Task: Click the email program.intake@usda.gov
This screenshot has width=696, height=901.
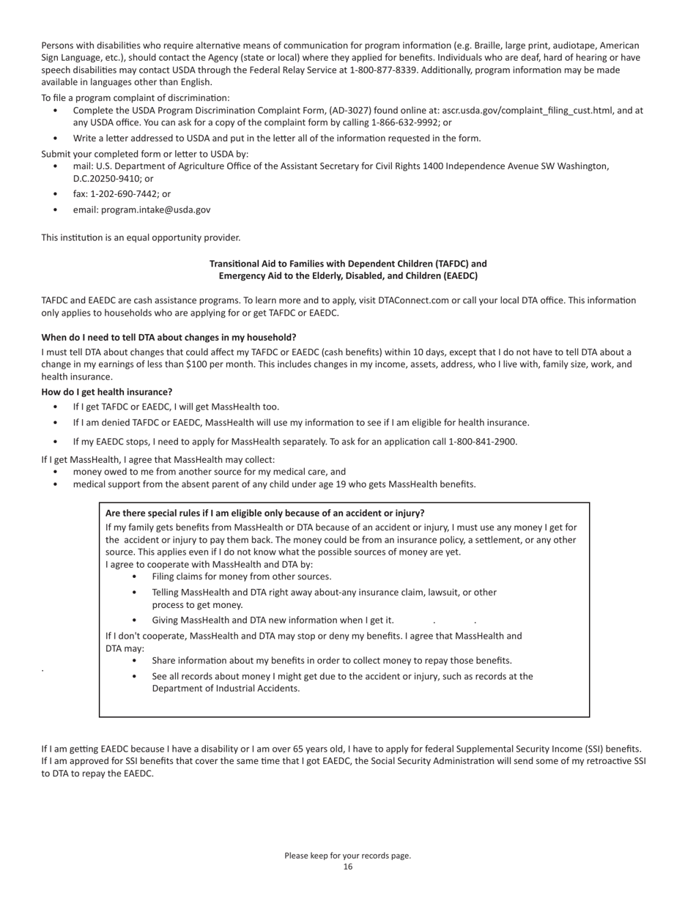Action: pyautogui.click(x=155, y=210)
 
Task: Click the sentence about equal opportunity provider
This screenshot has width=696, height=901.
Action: pyautogui.click(x=141, y=237)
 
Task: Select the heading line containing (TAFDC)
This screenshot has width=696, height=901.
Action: pyautogui.click(x=348, y=264)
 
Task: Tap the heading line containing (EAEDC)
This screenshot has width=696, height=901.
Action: pyautogui.click(x=348, y=276)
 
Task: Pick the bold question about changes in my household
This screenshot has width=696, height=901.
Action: pyautogui.click(x=169, y=337)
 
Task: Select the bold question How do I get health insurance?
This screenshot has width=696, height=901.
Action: pyautogui.click(x=107, y=392)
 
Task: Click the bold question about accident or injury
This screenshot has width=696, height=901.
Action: pyautogui.click(x=264, y=513)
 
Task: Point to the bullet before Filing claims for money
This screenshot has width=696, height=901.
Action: pyautogui.click(x=135, y=576)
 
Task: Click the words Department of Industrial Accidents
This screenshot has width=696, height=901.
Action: pyautogui.click(x=226, y=689)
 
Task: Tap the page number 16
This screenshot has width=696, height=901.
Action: pyautogui.click(x=348, y=867)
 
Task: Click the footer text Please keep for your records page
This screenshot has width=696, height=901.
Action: pyautogui.click(x=348, y=856)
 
